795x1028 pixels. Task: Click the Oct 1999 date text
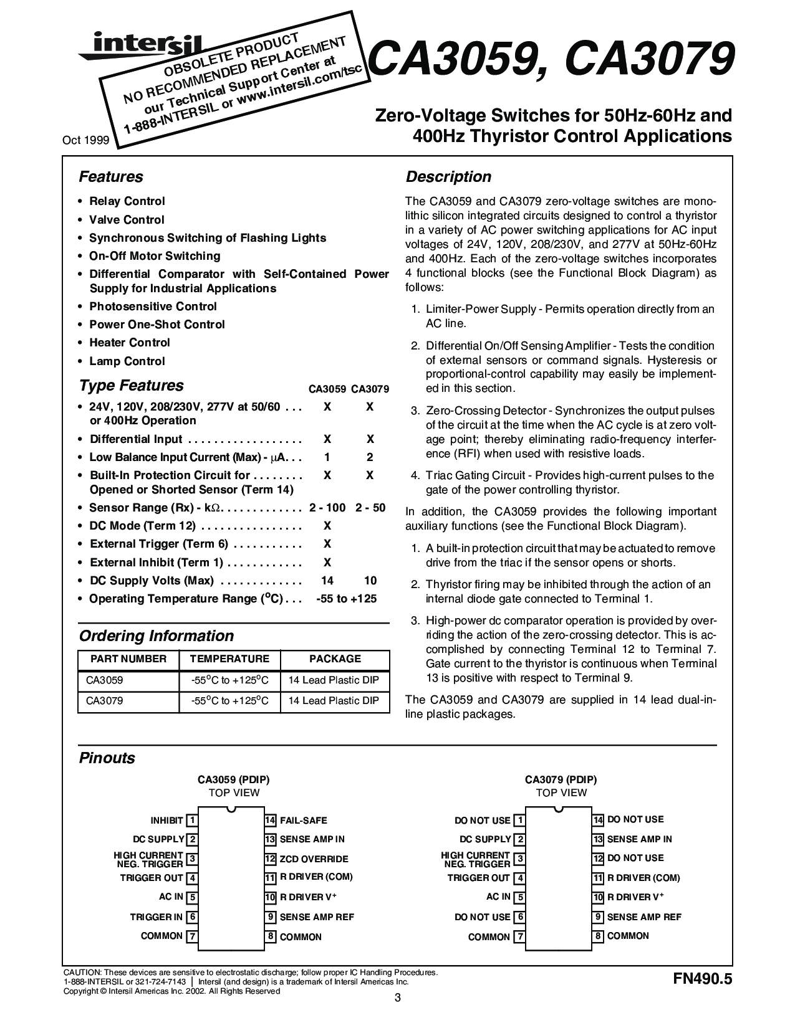pos(85,141)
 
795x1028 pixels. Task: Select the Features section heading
pos(111,177)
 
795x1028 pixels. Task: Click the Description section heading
pos(448,177)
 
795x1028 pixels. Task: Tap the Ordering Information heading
pos(156,636)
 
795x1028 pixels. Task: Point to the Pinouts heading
pos(107,758)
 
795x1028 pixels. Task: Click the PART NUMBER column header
pos(128,659)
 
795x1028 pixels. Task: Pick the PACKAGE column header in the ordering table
pos(335,659)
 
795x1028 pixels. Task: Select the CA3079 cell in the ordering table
pos(105,701)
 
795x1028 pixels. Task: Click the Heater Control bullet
pos(130,343)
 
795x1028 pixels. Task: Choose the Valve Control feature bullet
pos(127,220)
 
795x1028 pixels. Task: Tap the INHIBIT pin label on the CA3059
pos(166,821)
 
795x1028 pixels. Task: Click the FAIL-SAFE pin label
pos(304,821)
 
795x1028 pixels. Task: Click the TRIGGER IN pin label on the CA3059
pos(156,917)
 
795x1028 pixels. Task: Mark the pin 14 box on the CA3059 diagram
pos(271,821)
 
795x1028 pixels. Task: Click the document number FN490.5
pos(701,979)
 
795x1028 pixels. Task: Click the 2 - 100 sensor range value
pos(327,508)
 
